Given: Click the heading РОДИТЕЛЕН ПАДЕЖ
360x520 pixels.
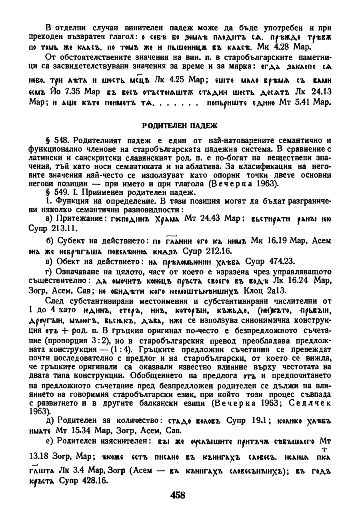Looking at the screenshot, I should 180,125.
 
